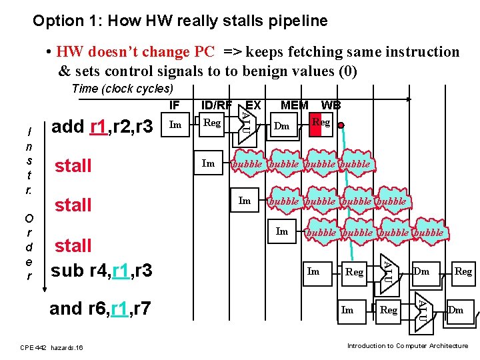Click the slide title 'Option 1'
coord(180,21)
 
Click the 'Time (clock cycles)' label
coord(122,89)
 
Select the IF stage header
coord(174,105)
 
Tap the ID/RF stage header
coord(216,105)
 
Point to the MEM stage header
coord(294,105)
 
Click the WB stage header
coord(331,105)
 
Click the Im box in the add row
coord(175,123)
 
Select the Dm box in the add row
coord(282,125)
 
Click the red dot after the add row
coord(340,125)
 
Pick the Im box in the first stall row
coord(209,163)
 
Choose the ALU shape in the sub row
coord(386,270)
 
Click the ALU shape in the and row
coord(421,308)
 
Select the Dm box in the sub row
coord(421,271)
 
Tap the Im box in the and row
coord(347,309)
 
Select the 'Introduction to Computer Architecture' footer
coord(407,345)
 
